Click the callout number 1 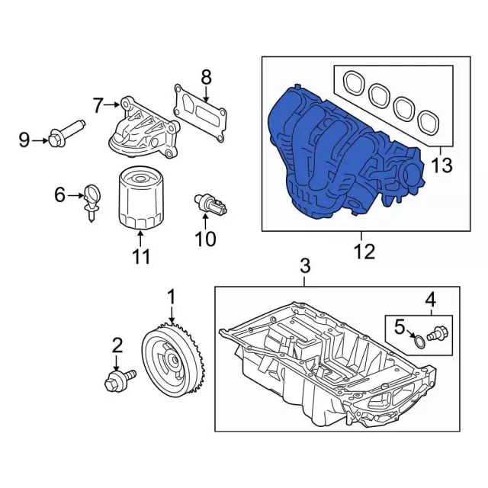(x=172, y=295)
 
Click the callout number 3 (x=304, y=266)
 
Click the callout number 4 (x=430, y=299)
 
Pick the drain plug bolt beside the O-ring (x=439, y=333)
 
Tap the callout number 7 (x=98, y=105)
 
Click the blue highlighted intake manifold (x=335, y=152)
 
